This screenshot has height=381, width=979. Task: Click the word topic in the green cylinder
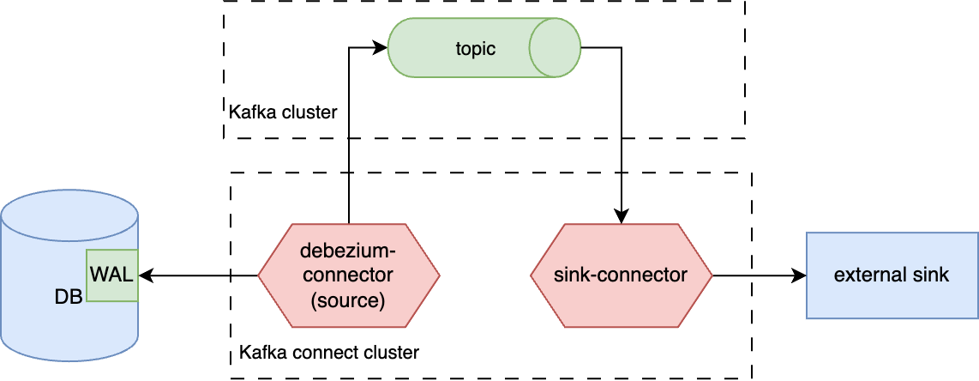tap(475, 49)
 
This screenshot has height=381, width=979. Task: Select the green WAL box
tap(113, 275)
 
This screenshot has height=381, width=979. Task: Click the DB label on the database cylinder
tap(69, 297)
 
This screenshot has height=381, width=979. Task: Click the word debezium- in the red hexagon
tap(348, 251)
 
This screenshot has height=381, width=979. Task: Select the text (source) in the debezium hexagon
tap(348, 300)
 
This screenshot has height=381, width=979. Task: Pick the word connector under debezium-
tap(348, 275)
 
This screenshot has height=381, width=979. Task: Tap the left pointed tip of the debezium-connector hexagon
tap(260, 275)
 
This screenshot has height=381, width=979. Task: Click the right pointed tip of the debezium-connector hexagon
tap(439, 275)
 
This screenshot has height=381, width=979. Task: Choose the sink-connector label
tap(622, 275)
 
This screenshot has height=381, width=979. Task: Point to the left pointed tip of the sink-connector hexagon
tap(532, 275)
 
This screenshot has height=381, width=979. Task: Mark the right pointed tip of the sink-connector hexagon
tap(712, 275)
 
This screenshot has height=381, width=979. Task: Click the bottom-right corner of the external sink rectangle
tap(977, 318)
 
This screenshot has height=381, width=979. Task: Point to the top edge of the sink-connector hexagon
tap(622, 225)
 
